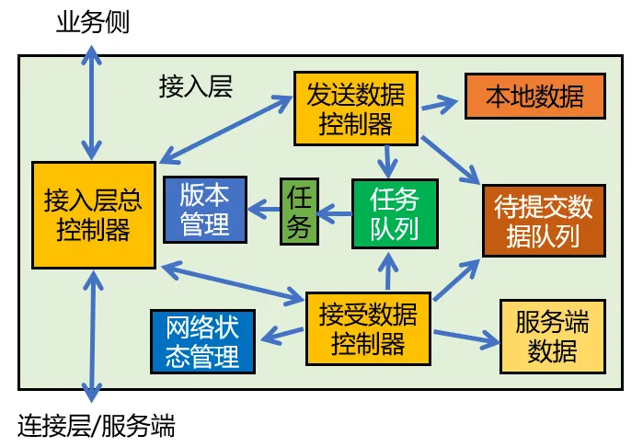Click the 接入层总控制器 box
pyautogui.click(x=93, y=215)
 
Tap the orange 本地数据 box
pyautogui.click(x=534, y=96)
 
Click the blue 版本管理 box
pyautogui.click(x=204, y=209)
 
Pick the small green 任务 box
pyautogui.click(x=298, y=212)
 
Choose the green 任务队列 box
pyautogui.click(x=395, y=214)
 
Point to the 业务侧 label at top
pyautogui.click(x=93, y=22)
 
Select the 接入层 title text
pyautogui.click(x=196, y=86)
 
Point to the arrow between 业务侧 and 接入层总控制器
pyautogui.click(x=91, y=101)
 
